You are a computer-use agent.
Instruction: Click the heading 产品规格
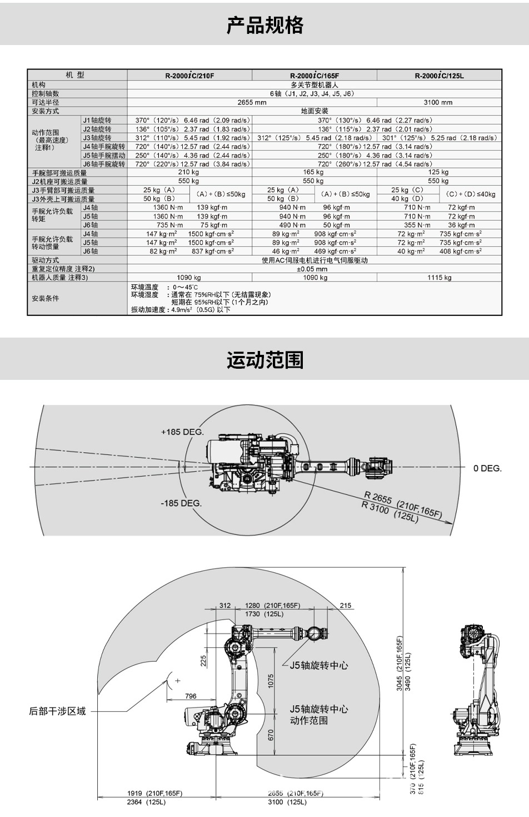[x=264, y=26]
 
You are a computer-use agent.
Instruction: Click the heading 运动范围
[x=264, y=360]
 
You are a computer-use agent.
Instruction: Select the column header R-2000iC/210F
[x=189, y=76]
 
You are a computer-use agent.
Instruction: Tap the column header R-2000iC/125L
[x=439, y=76]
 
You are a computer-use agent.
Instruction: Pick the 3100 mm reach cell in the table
[x=438, y=102]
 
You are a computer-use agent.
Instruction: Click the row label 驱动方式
[x=46, y=260]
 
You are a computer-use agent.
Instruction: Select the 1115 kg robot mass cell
[x=439, y=278]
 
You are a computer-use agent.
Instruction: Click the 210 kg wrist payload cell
[x=189, y=173]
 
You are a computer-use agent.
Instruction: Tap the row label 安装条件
[x=46, y=299]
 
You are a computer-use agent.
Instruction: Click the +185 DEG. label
[x=182, y=432]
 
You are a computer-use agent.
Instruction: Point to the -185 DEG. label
[x=181, y=503]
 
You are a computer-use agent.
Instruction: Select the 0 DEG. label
[x=487, y=468]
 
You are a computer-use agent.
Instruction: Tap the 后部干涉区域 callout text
[x=58, y=711]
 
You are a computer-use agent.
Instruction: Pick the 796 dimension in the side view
[x=191, y=696]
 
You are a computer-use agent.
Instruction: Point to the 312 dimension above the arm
[x=224, y=606]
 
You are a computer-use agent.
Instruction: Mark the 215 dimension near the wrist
[x=345, y=606]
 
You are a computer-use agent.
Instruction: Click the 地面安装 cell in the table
[x=314, y=111]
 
